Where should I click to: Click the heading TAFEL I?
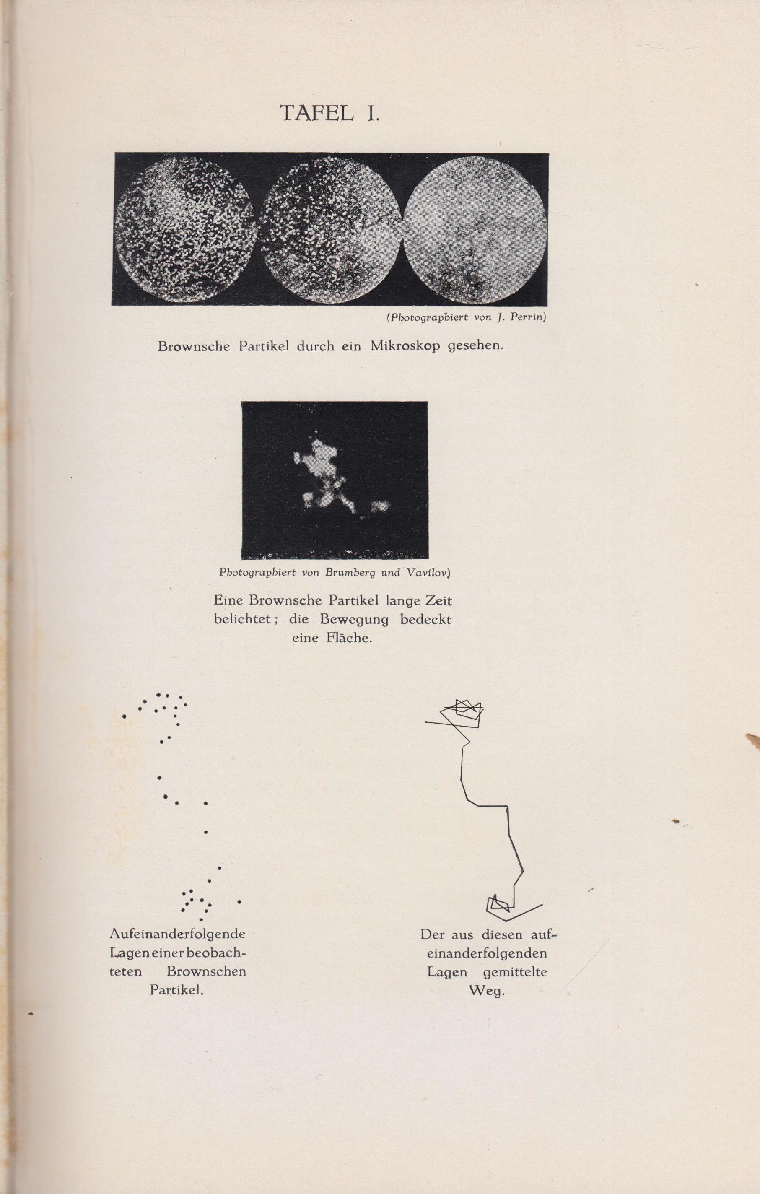tap(329, 113)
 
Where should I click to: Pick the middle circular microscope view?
tap(331, 228)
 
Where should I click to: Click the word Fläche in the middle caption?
tap(349, 638)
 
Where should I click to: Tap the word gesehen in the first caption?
tap(475, 346)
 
